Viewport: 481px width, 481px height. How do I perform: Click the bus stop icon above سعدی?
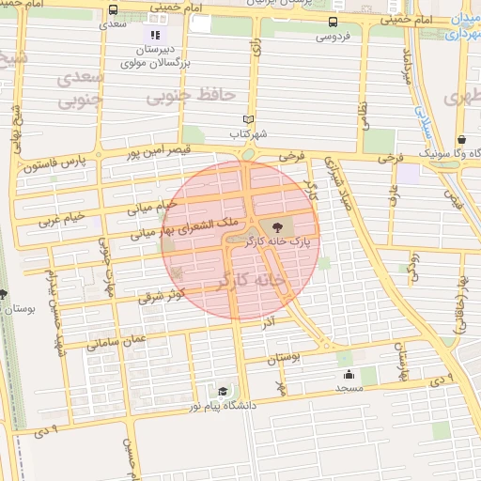(114, 10)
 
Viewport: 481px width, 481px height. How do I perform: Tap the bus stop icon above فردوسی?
(333, 23)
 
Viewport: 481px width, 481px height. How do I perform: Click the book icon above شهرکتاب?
(248, 120)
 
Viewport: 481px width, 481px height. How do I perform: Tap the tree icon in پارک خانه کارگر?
(275, 226)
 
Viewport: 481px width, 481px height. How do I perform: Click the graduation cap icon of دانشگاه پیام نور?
(222, 392)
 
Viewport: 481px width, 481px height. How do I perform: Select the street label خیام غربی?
(62, 219)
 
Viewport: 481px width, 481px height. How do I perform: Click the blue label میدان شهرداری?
(460, 27)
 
